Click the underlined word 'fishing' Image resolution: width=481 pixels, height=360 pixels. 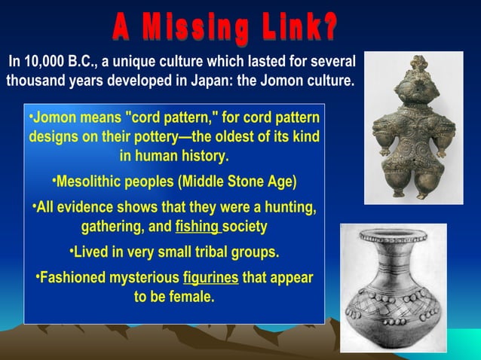(198, 226)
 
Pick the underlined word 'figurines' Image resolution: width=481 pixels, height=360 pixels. (211, 278)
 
